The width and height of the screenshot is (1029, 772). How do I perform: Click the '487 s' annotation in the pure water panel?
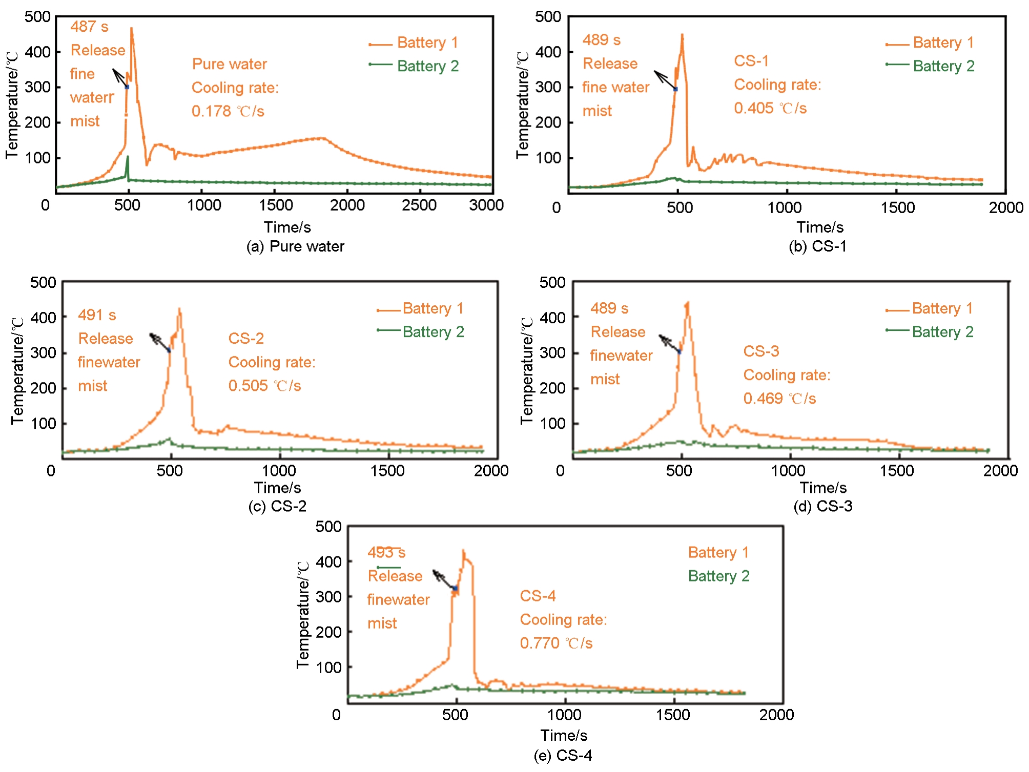[x=89, y=27]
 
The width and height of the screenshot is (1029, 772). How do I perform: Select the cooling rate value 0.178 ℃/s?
[x=228, y=111]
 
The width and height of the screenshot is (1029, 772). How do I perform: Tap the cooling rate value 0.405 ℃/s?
[x=770, y=108]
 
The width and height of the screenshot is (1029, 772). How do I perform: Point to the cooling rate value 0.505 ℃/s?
[x=264, y=386]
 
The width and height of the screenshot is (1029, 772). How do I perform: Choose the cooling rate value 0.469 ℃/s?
[x=779, y=399]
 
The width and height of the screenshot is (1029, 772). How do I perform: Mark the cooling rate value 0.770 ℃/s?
[x=556, y=643]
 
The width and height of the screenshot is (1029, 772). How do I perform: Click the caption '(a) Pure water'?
[x=295, y=246]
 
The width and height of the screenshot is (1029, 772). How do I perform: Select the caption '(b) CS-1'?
[x=817, y=246]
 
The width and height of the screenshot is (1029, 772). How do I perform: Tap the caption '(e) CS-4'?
[x=563, y=756]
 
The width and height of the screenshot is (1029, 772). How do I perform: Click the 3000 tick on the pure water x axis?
[x=486, y=205]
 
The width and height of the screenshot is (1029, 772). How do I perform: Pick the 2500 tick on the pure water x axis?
[x=419, y=205]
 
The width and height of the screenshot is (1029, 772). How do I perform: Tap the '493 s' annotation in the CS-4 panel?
[x=386, y=553]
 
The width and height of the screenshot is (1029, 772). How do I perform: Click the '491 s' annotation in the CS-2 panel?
[x=97, y=315]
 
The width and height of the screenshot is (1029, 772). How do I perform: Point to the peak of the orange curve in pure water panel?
[x=132, y=29]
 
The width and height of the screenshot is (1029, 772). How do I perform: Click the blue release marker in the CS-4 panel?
[x=455, y=589]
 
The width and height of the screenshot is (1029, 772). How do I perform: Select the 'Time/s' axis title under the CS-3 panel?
[x=823, y=488]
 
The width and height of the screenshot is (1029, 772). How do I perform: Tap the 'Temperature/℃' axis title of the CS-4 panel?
[x=302, y=615]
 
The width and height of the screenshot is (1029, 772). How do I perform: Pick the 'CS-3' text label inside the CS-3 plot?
[x=761, y=351]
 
